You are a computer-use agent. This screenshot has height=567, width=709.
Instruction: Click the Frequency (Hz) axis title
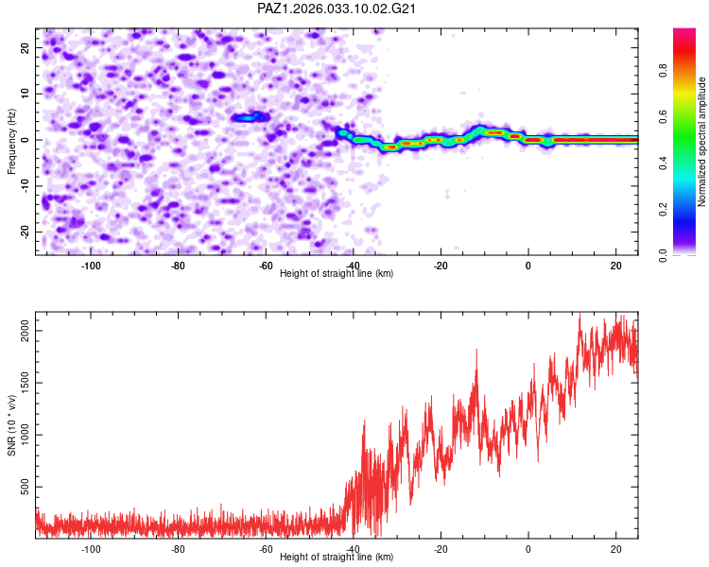tap(12, 140)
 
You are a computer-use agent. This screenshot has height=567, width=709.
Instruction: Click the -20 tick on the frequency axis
tap(26, 232)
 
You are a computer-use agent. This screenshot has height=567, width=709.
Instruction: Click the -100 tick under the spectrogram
tap(91, 265)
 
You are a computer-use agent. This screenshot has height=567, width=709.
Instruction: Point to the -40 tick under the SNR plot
tap(354, 548)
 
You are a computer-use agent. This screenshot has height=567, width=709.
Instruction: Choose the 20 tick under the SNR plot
tap(616, 548)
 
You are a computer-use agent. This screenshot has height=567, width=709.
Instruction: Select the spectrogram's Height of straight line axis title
tap(337, 274)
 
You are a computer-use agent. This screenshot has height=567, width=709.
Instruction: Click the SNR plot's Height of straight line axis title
tap(337, 558)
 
